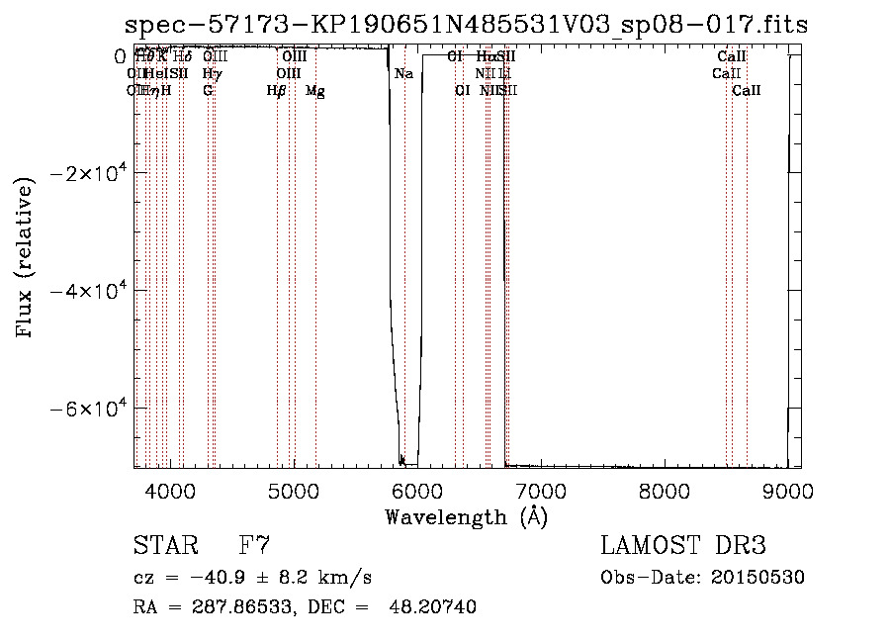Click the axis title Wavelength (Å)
(x=466, y=516)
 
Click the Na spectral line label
(x=403, y=74)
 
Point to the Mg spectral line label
(x=315, y=91)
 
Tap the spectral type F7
(x=255, y=545)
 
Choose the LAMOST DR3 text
(x=682, y=545)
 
